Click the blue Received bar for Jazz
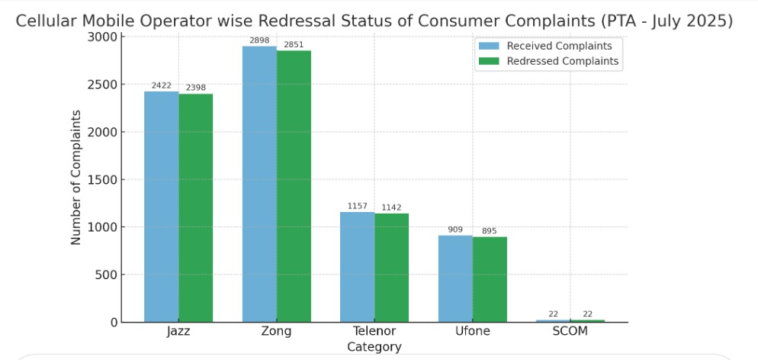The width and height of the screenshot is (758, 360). tap(162, 207)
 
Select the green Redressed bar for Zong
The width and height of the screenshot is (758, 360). tap(294, 186)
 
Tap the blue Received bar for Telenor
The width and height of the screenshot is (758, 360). tap(358, 267)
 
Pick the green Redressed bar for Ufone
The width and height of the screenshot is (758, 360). tap(490, 279)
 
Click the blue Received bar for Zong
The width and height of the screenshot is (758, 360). tap(259, 184)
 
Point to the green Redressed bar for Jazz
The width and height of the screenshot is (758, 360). tap(196, 207)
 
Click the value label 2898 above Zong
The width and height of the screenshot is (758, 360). tap(259, 40)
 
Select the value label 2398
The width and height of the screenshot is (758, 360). tap(196, 88)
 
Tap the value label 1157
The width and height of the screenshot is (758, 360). tap(358, 206)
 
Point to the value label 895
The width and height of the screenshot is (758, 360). tap(490, 231)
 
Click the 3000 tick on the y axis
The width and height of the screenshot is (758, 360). tap(103, 37)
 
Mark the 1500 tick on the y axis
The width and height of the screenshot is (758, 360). tap(103, 180)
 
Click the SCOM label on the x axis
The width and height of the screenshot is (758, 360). tap(570, 332)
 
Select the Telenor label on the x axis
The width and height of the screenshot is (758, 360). tap(374, 332)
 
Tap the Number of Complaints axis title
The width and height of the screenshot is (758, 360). tap(76, 177)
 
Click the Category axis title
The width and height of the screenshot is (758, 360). tap(374, 347)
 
